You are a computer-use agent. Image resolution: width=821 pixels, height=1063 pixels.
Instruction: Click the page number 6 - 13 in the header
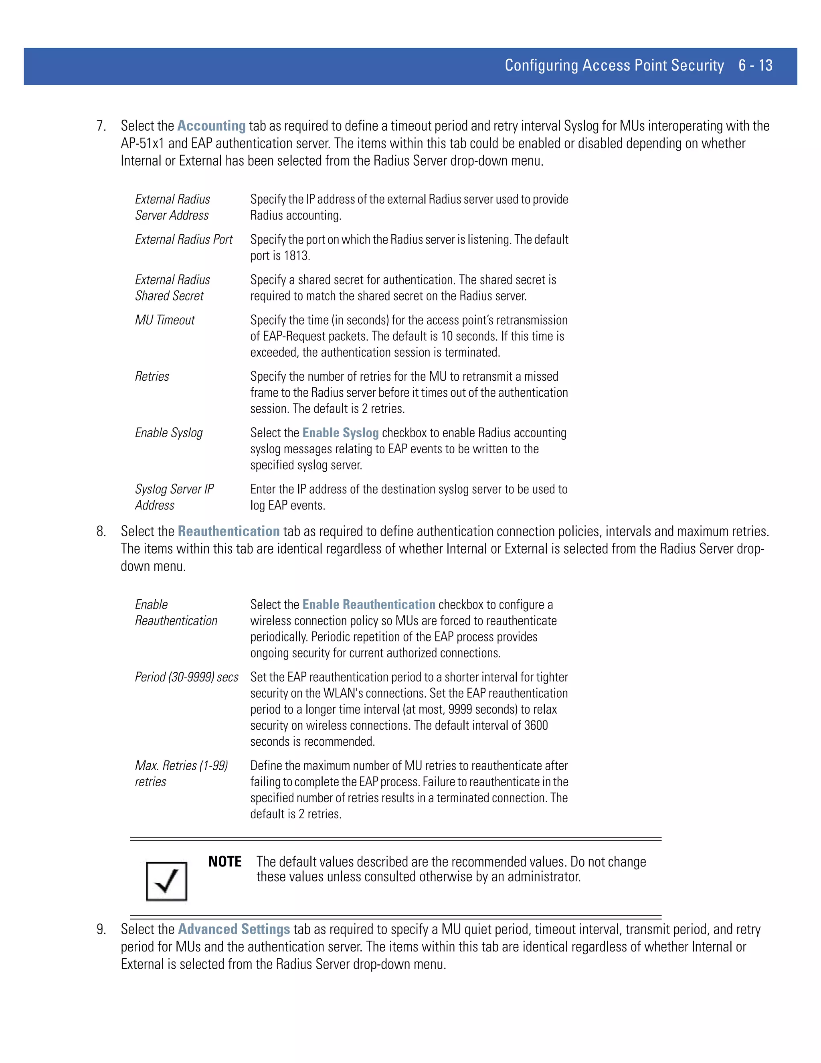(x=755, y=65)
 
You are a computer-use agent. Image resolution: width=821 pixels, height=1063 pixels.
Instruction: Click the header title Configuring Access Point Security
(x=614, y=65)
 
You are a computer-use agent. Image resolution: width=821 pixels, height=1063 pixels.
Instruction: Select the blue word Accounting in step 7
(x=211, y=126)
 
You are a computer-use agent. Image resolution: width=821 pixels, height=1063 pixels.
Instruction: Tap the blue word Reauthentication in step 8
(x=229, y=531)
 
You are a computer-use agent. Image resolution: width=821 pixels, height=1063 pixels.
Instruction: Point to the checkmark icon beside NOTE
(x=166, y=881)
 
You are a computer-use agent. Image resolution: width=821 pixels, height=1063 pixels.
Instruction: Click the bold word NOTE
(x=225, y=862)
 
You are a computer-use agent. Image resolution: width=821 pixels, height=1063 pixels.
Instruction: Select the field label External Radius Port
(x=183, y=239)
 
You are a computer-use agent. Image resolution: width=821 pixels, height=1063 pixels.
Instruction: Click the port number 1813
(x=296, y=256)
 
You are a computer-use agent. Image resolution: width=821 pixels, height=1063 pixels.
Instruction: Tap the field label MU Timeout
(x=165, y=320)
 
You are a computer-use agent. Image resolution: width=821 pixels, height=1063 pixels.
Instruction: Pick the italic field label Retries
(x=152, y=377)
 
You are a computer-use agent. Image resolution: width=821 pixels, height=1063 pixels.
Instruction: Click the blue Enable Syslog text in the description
(x=340, y=433)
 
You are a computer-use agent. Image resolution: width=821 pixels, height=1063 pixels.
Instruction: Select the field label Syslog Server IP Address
(x=174, y=497)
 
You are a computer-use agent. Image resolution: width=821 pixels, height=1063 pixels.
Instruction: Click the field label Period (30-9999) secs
(x=187, y=677)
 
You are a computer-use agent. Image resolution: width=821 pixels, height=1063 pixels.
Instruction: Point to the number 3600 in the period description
(x=536, y=725)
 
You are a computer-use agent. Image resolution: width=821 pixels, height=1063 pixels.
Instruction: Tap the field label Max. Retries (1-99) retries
(x=181, y=773)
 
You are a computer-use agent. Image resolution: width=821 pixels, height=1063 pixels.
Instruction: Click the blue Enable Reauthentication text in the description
(x=369, y=605)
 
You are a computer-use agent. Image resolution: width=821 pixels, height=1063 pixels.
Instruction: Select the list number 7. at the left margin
(x=101, y=126)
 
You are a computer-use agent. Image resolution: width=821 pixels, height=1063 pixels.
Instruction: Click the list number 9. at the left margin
(x=101, y=930)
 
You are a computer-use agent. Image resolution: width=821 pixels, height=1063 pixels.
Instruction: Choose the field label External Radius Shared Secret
(x=172, y=288)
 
